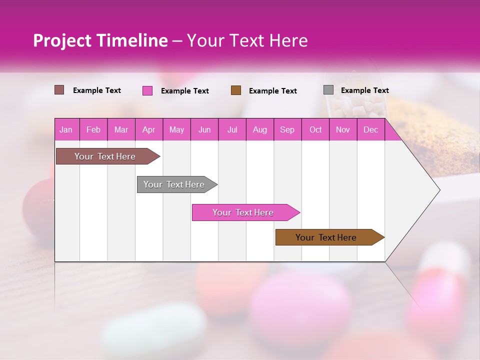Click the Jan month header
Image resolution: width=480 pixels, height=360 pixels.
click(66, 129)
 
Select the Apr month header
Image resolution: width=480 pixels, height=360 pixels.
click(148, 129)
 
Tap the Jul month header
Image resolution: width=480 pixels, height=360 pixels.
click(232, 129)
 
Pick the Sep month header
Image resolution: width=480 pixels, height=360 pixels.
click(287, 129)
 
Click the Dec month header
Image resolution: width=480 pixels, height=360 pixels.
click(370, 129)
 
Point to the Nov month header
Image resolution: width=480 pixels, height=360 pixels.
click(342, 129)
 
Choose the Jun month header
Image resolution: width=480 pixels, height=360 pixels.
click(204, 129)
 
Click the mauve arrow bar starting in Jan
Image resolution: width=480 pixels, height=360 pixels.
click(105, 156)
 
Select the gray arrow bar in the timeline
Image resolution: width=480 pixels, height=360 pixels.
click(174, 184)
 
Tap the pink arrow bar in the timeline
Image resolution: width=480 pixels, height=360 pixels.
click(243, 212)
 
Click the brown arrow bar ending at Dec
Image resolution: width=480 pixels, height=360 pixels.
click(326, 237)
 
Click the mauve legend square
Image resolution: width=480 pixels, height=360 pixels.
click(59, 90)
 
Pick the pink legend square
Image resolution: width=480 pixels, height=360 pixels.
click(147, 90)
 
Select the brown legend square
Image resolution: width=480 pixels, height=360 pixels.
click(236, 90)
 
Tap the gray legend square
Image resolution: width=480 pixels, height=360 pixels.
click(328, 90)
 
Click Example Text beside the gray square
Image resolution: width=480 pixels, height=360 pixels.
click(364, 90)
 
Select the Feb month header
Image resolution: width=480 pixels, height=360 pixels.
click(93, 129)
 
